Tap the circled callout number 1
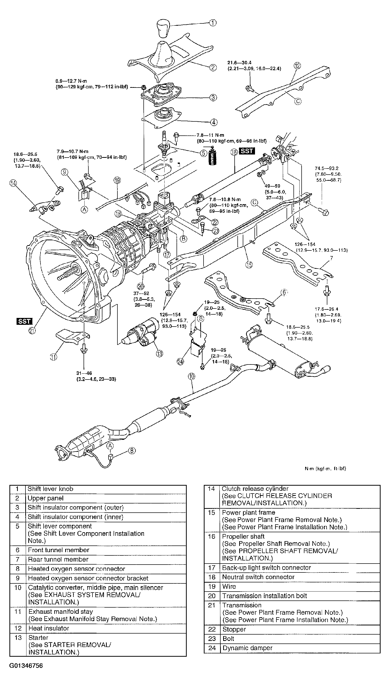[x=213, y=23]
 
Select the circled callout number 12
[x=297, y=66]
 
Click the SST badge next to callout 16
[x=247, y=151]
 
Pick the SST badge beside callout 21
[x=24, y=321]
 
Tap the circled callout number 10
[x=192, y=376]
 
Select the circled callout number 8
[x=132, y=451]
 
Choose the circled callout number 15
[x=249, y=264]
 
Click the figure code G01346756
[x=26, y=666]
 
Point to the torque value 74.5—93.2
[x=327, y=168]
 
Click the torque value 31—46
[x=84, y=373]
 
